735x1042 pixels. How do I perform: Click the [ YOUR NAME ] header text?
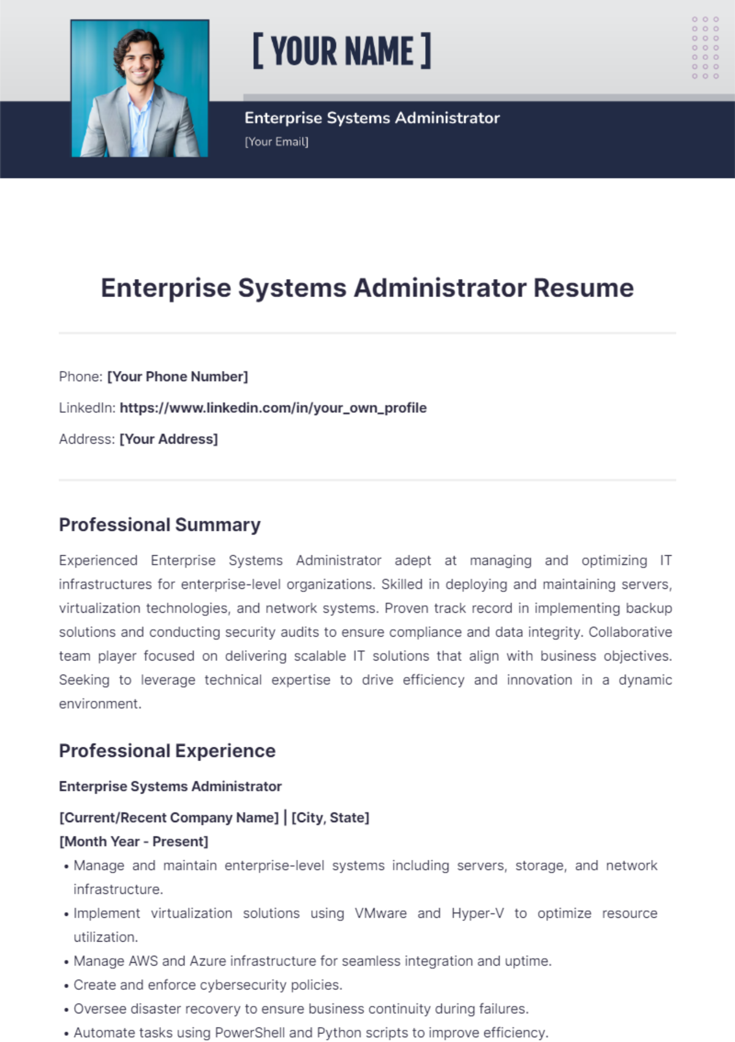click(342, 51)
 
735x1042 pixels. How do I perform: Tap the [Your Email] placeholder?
click(276, 142)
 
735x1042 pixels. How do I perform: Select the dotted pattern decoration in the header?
click(705, 48)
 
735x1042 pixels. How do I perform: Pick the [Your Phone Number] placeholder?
click(178, 377)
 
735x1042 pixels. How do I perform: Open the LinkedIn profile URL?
click(273, 408)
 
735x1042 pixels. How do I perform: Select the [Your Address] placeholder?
click(168, 439)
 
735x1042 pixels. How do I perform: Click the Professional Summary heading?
click(160, 525)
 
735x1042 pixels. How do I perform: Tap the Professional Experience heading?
click(167, 751)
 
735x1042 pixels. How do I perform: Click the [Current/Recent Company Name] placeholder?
click(169, 818)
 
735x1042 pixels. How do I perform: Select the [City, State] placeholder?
click(330, 818)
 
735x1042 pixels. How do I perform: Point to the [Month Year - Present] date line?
click(134, 842)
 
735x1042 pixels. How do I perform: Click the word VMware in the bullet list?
click(380, 913)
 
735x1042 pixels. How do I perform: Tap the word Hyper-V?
click(478, 913)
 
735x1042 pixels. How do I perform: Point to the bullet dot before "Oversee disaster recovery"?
click(66, 1010)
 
